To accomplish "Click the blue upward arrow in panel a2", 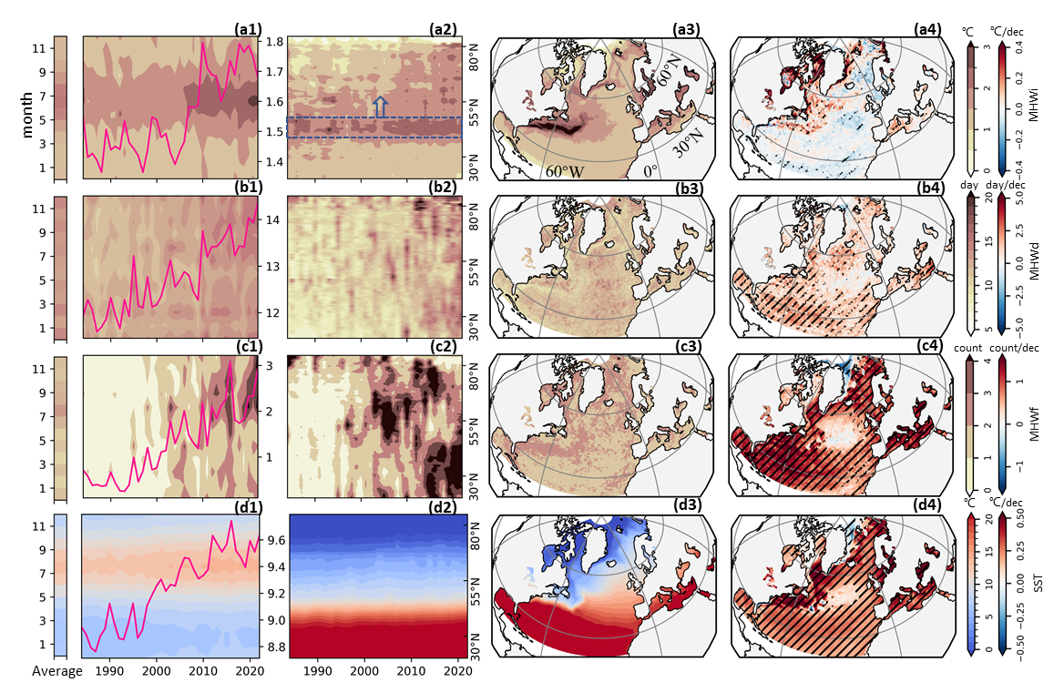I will click(380, 106).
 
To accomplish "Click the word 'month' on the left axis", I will click(28, 119).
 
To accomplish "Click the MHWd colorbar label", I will click(1035, 270).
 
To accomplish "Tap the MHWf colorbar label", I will click(1035, 423).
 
